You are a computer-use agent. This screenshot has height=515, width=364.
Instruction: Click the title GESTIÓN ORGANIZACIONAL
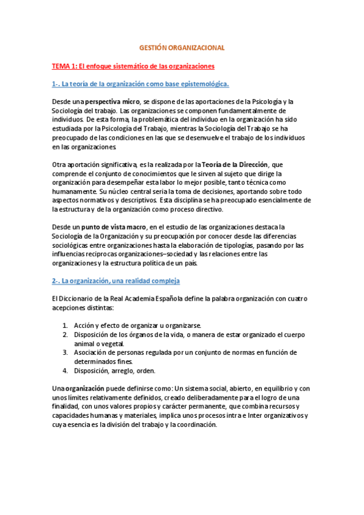click(182, 47)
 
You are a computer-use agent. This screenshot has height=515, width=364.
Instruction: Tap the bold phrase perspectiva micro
click(113, 101)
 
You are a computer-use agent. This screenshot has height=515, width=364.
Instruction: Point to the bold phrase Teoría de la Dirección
click(234, 164)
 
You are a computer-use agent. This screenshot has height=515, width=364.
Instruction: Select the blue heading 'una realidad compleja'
click(115, 281)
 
